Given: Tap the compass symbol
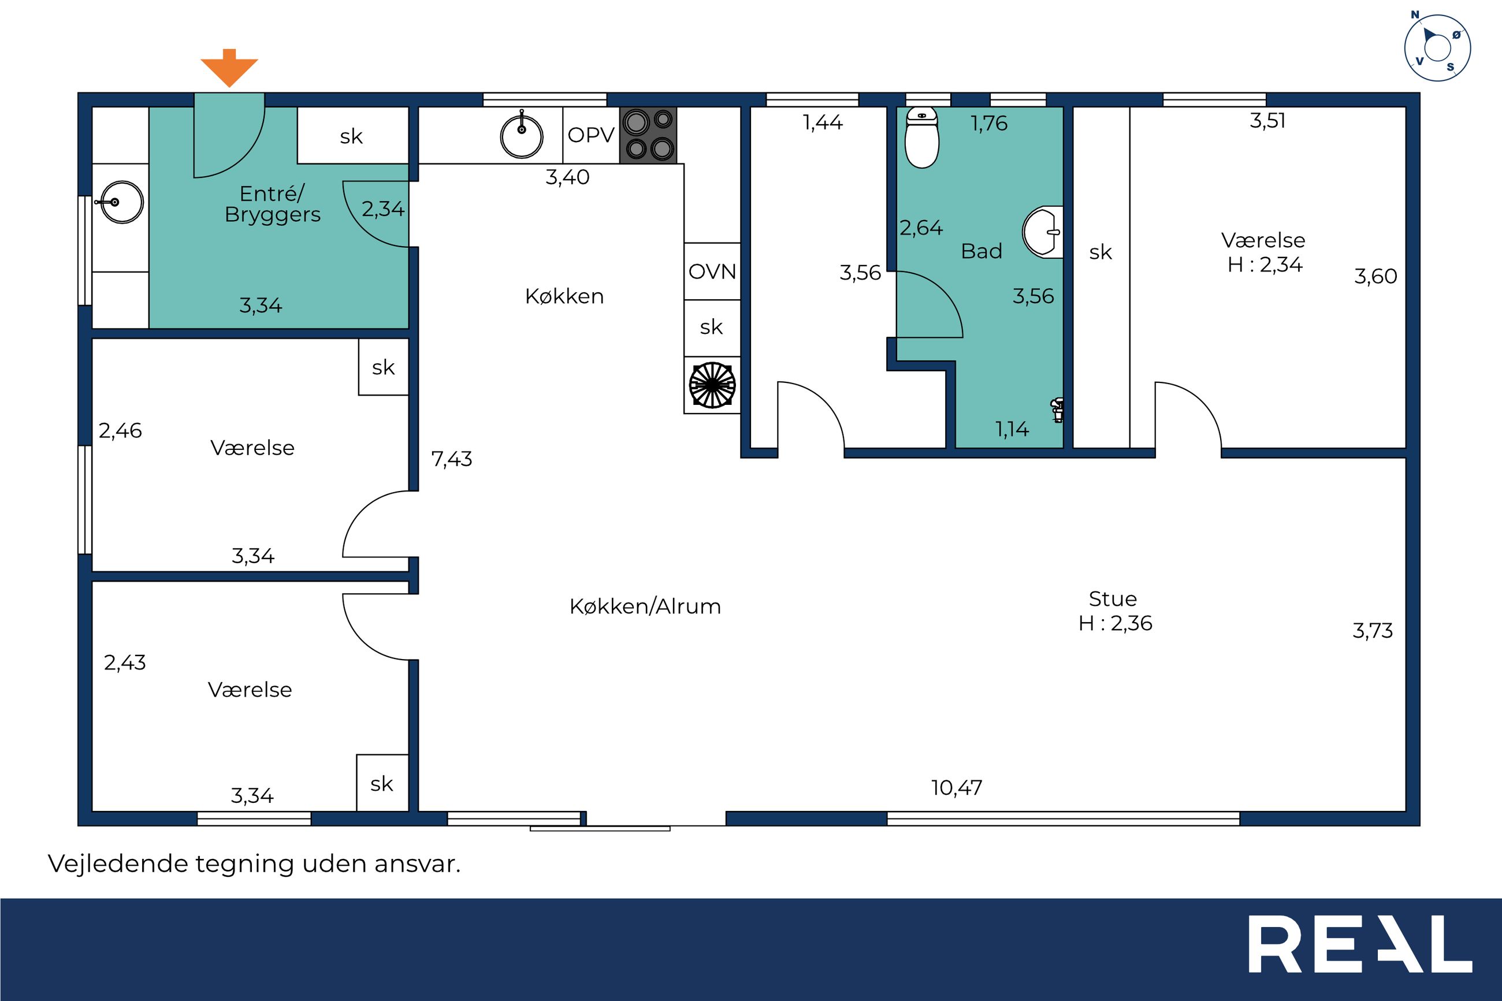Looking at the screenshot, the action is [x=1437, y=48].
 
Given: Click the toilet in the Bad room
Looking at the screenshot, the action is [x=922, y=138].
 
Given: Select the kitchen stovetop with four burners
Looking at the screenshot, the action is [x=648, y=135].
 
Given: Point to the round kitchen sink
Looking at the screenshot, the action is [x=522, y=135].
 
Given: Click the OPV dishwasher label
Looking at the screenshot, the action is [x=591, y=135].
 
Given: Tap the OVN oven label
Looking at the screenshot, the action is [x=712, y=272].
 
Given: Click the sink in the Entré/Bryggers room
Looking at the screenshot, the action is [x=121, y=202].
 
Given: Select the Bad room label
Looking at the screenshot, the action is [x=981, y=251].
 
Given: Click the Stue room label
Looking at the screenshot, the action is [x=1113, y=599].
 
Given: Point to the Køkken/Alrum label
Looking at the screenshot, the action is [x=645, y=606].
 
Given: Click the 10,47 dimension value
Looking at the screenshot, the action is [x=956, y=788].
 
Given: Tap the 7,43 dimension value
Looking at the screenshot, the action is [x=451, y=459].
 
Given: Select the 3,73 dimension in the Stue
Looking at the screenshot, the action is [x=1373, y=631].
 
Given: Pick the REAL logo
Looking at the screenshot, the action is [x=1360, y=944].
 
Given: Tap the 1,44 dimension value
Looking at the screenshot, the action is [x=823, y=122].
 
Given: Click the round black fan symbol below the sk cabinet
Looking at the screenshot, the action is [x=712, y=385].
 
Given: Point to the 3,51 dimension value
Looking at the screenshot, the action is [x=1267, y=121].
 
